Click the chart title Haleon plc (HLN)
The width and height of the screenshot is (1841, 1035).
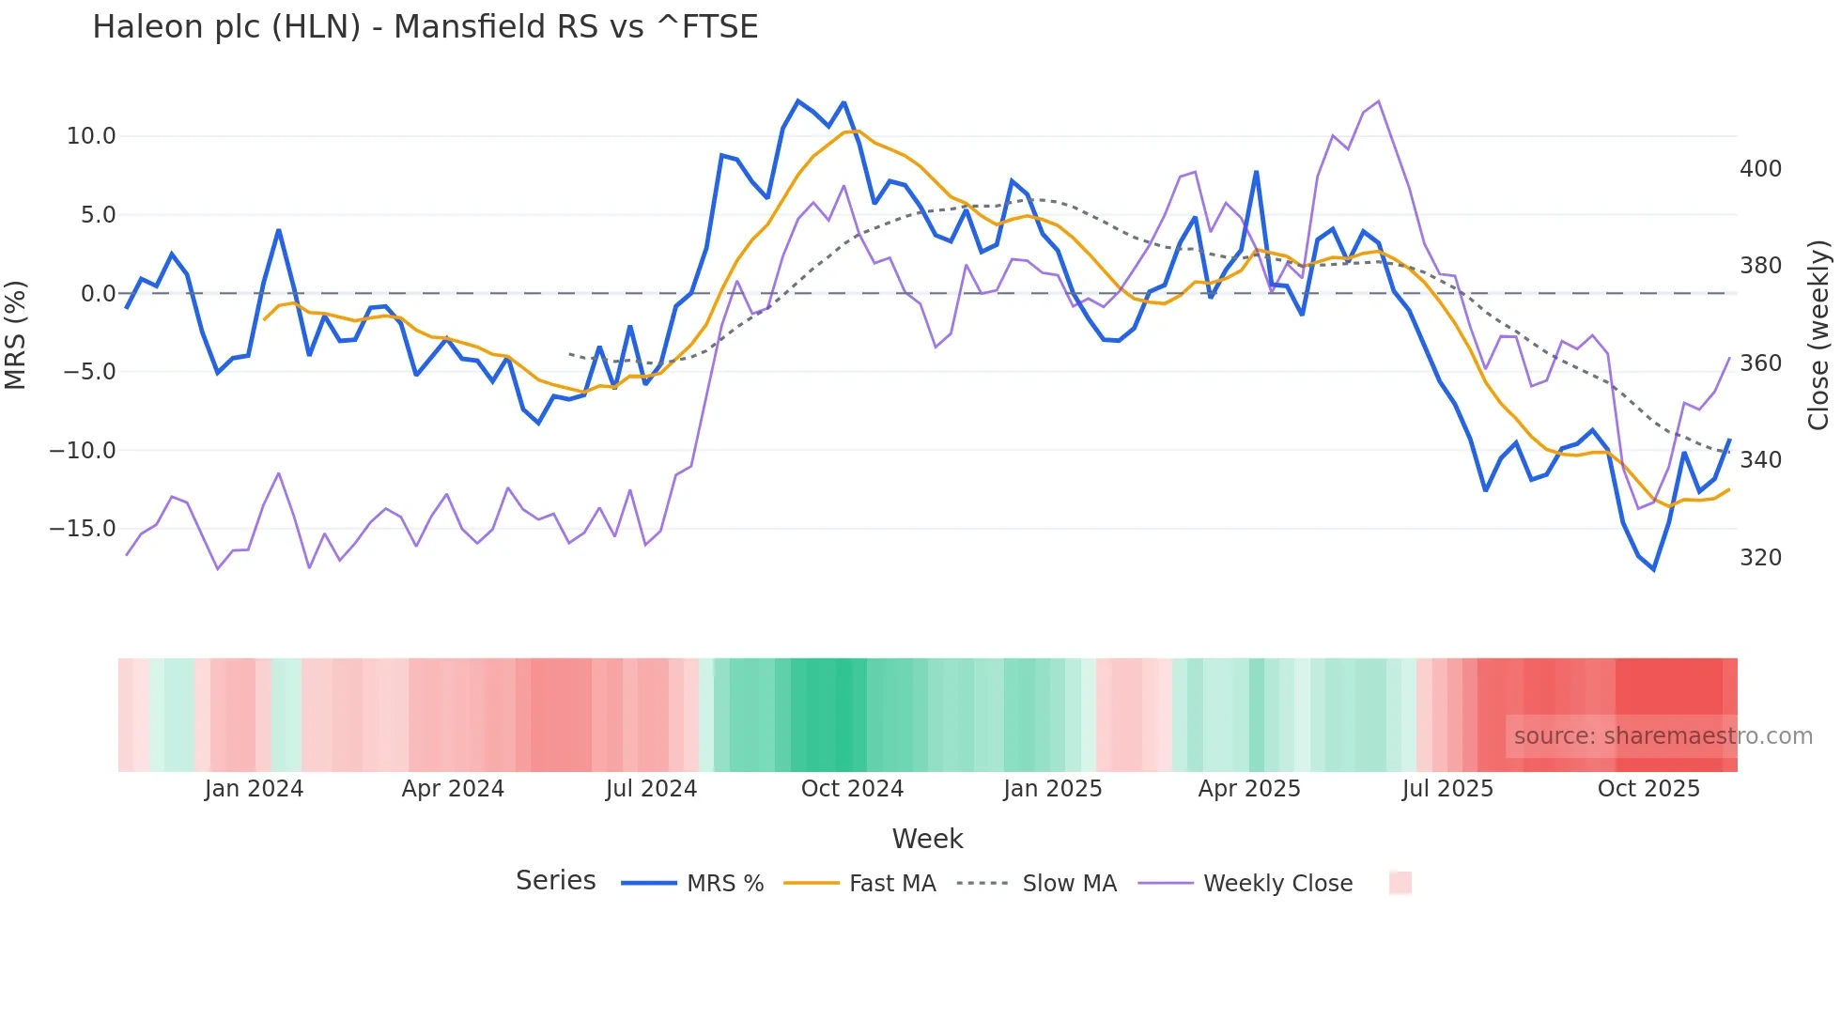(425, 27)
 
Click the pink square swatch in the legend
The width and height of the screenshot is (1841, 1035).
(1400, 883)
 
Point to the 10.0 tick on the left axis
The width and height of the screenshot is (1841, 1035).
(91, 136)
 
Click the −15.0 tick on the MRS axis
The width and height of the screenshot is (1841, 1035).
(83, 529)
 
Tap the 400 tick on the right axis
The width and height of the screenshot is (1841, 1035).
(1760, 169)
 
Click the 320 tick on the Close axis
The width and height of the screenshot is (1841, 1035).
(1760, 558)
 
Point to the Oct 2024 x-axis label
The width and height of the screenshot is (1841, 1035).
(852, 789)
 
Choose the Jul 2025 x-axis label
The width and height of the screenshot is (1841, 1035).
(1447, 789)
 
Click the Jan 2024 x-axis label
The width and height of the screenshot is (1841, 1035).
(254, 789)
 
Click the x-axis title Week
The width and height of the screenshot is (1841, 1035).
(927, 839)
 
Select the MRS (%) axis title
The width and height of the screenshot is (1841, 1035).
(16, 334)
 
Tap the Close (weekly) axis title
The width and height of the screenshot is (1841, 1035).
(1818, 334)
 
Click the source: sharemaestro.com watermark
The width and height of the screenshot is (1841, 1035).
(1663, 736)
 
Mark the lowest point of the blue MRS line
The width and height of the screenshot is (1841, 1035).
(1653, 570)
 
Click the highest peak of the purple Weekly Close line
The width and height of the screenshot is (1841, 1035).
(1378, 101)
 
